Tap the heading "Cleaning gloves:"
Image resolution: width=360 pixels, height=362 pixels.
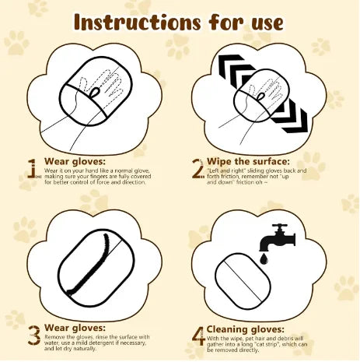(x=246, y=329)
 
